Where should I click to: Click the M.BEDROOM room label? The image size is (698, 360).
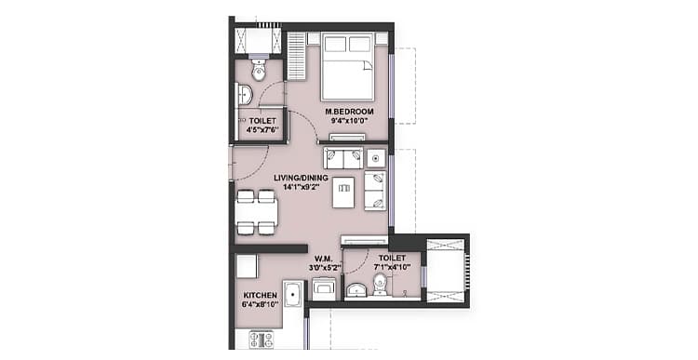[x=349, y=112]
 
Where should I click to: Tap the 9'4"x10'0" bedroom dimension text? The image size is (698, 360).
[x=349, y=121]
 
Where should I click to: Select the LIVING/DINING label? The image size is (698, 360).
[x=301, y=178]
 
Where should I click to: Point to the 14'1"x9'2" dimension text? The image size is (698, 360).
[x=302, y=187]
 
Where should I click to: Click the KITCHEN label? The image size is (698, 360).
[x=261, y=295]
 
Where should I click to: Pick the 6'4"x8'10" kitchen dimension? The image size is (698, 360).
[x=261, y=304]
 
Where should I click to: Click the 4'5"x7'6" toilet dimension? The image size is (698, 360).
[x=262, y=130]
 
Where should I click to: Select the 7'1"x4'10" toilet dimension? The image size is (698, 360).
[x=392, y=267]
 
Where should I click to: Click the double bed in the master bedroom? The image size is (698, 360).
[x=347, y=66]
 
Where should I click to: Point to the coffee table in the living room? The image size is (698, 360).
[x=343, y=193]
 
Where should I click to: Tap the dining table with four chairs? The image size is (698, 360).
[x=257, y=212]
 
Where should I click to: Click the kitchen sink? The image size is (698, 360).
[x=293, y=294]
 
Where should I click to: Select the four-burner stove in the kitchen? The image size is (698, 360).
[x=262, y=340]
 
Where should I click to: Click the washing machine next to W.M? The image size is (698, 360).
[x=324, y=289]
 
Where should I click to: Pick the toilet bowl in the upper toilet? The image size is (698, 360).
[x=259, y=71]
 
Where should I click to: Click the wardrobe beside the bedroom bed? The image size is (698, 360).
[x=295, y=56]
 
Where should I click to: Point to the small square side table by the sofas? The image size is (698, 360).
[x=376, y=158]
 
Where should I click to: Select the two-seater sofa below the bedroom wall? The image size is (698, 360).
[x=343, y=158]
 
